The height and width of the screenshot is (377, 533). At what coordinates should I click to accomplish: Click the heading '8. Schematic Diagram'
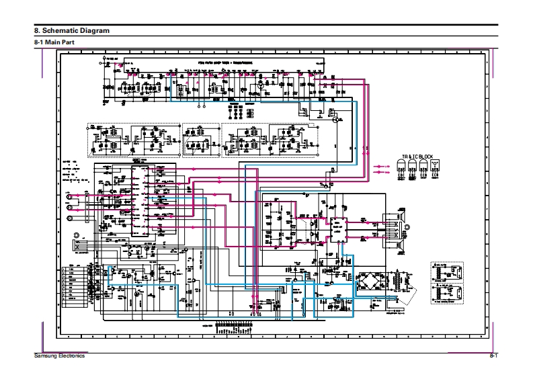[72, 31]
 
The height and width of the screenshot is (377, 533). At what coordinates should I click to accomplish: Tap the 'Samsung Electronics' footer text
[59, 355]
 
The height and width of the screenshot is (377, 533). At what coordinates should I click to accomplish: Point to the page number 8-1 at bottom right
[493, 355]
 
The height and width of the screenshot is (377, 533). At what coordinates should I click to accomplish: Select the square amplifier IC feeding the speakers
[335, 231]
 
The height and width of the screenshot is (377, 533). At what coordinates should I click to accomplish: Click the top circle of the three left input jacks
[68, 197]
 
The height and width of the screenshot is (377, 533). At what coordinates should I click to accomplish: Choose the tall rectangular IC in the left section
[140, 198]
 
